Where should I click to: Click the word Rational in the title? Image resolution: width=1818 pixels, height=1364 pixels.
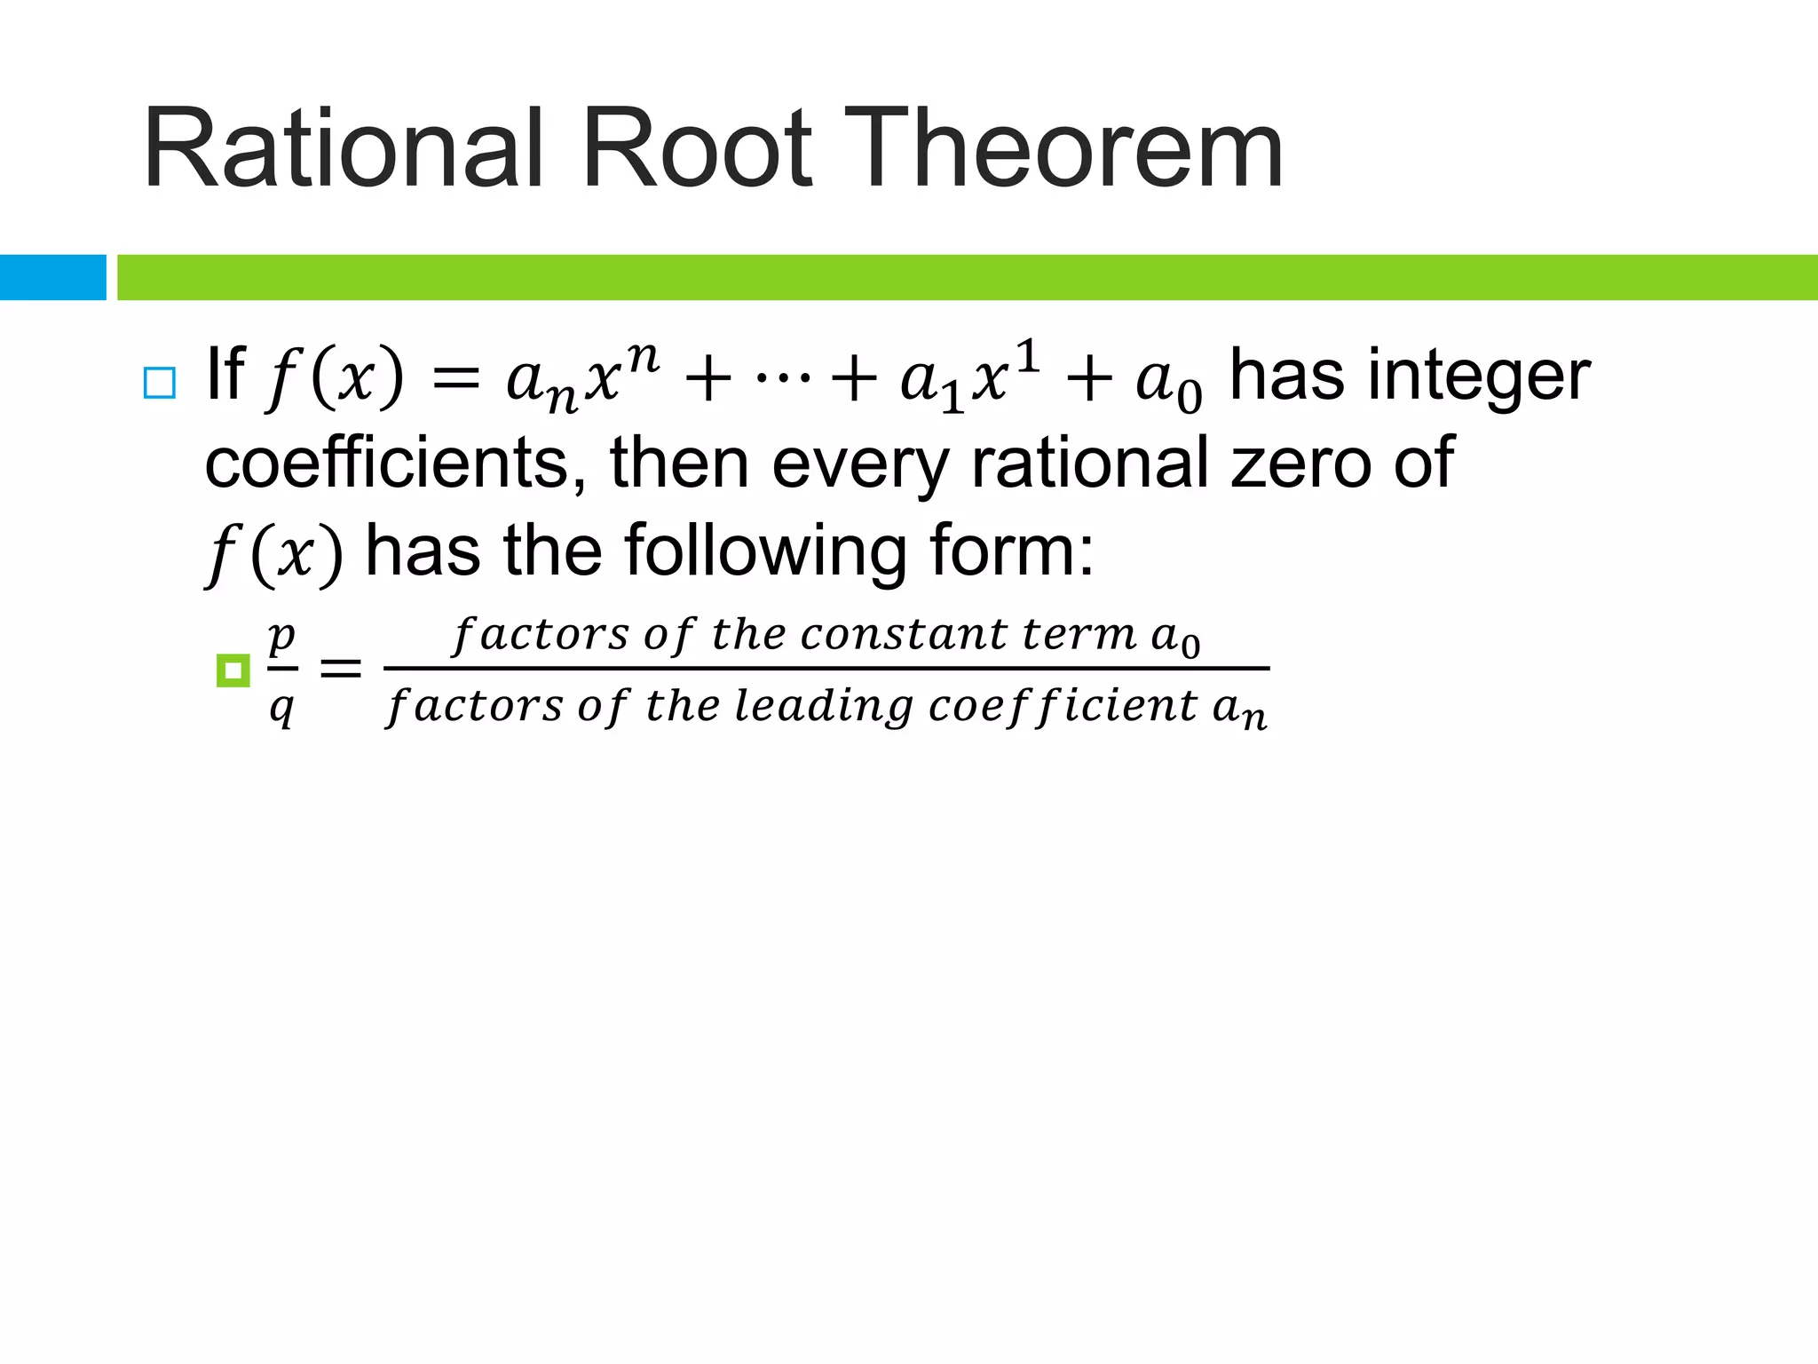click(342, 149)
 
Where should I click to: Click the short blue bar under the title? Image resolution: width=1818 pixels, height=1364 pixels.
click(53, 277)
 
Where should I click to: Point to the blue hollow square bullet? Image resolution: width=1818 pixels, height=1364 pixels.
click(159, 383)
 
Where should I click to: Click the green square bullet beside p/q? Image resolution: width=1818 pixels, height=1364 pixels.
click(233, 670)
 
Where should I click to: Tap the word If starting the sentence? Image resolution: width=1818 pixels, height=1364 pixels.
click(224, 374)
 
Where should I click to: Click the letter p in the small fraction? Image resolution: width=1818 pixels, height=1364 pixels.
click(281, 637)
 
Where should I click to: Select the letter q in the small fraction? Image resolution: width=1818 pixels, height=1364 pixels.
click(281, 708)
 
